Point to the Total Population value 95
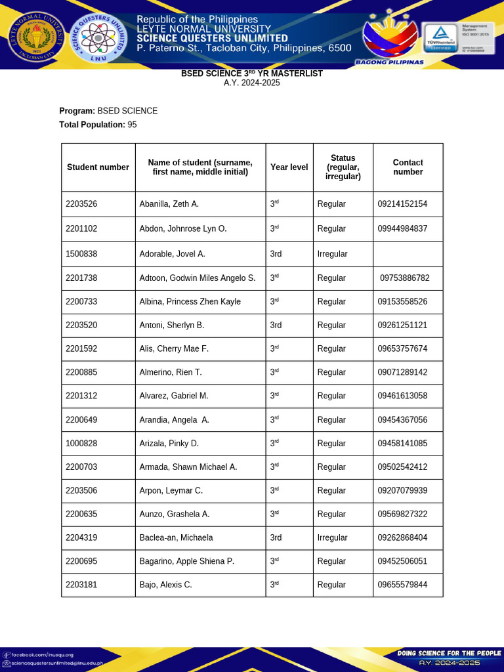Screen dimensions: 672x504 (x=132, y=125)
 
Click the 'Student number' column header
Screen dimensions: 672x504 (x=98, y=167)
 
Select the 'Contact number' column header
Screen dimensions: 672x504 (x=408, y=167)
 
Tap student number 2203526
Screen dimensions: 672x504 (x=81, y=204)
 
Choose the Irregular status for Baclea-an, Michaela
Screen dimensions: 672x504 (x=332, y=537)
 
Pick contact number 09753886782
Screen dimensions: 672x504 (x=405, y=278)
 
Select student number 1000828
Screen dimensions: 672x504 (x=81, y=444)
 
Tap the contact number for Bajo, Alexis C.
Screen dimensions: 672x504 (x=402, y=585)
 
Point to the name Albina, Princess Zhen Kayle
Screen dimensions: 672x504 (x=190, y=302)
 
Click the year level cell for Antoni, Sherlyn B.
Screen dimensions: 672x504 (x=276, y=325)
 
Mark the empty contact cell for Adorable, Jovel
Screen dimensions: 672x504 (x=408, y=254)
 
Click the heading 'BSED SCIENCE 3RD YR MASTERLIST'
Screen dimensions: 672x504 (x=252, y=73)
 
